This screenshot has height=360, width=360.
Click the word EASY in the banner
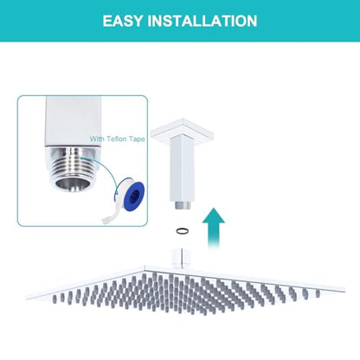(x=123, y=21)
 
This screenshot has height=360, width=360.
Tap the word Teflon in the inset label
(x=117, y=139)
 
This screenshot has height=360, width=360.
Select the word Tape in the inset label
(x=137, y=139)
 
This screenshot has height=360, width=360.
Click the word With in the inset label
(x=97, y=139)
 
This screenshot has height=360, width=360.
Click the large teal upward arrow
(x=214, y=228)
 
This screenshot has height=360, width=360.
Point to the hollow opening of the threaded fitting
(x=70, y=183)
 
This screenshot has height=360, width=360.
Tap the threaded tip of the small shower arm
(x=183, y=205)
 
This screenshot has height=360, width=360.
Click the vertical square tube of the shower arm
(x=181, y=170)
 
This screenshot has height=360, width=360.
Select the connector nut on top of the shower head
(x=180, y=259)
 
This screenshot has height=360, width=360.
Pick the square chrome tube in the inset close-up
(x=74, y=122)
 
